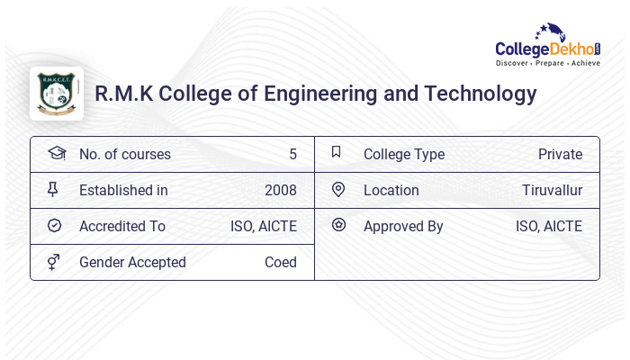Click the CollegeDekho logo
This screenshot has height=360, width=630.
coord(548,45)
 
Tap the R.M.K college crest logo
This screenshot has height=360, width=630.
coord(57,94)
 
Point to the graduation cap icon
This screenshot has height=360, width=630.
coord(56,153)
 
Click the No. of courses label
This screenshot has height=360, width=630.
coord(124,154)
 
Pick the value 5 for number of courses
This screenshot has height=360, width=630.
coord(292,154)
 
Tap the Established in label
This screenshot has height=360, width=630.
coord(123,190)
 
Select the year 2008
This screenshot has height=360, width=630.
coord(281,190)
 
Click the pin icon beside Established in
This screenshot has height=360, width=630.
coord(53,189)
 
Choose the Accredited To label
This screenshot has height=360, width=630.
coord(122,226)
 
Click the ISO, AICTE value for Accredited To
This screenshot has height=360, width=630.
coord(264,226)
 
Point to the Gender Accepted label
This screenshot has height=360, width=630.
coord(132,262)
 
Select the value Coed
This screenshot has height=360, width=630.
coord(281,262)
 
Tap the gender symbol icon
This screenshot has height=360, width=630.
coord(54,262)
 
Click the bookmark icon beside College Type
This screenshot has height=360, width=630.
coord(336,152)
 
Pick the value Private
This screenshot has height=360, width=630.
coord(560,154)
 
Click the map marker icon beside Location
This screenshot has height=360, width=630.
coord(338,189)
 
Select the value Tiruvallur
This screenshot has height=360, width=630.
coord(552,190)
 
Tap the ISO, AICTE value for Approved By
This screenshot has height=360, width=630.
coord(549,226)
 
